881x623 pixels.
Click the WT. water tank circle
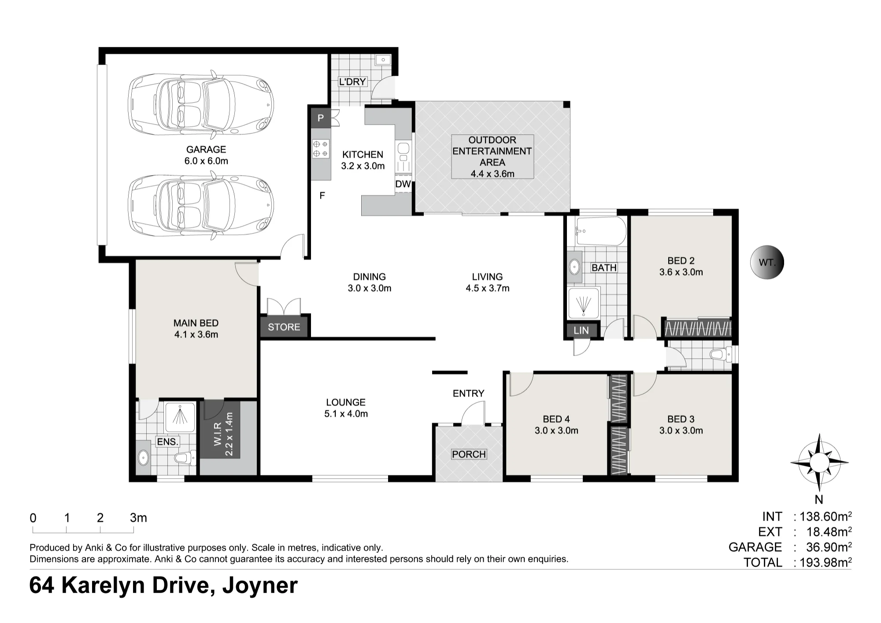pyautogui.click(x=767, y=263)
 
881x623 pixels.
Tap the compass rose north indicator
pyautogui.click(x=819, y=463)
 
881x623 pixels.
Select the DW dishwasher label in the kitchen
pyautogui.click(x=403, y=184)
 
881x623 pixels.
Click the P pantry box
pyautogui.click(x=321, y=118)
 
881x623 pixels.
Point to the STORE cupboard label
pyautogui.click(x=284, y=327)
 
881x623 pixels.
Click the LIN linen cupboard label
pyautogui.click(x=581, y=330)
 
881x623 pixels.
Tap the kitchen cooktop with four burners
pyautogui.click(x=321, y=148)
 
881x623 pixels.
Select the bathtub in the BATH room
pyautogui.click(x=601, y=231)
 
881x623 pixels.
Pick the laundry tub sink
pyautogui.click(x=383, y=60)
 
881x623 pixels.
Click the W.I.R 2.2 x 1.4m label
pyautogui.click(x=223, y=434)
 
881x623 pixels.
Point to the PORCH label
pyautogui.click(x=469, y=454)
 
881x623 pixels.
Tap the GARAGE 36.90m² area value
pyautogui.click(x=829, y=547)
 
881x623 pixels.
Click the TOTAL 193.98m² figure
pyautogui.click(x=826, y=563)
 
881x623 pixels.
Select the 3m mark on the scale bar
pyautogui.click(x=138, y=518)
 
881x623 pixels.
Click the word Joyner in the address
pyautogui.click(x=260, y=586)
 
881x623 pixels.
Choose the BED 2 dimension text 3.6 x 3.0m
pyautogui.click(x=681, y=272)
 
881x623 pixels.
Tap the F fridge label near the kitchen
pyautogui.click(x=322, y=195)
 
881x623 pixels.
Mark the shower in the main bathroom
pyautogui.click(x=584, y=303)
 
